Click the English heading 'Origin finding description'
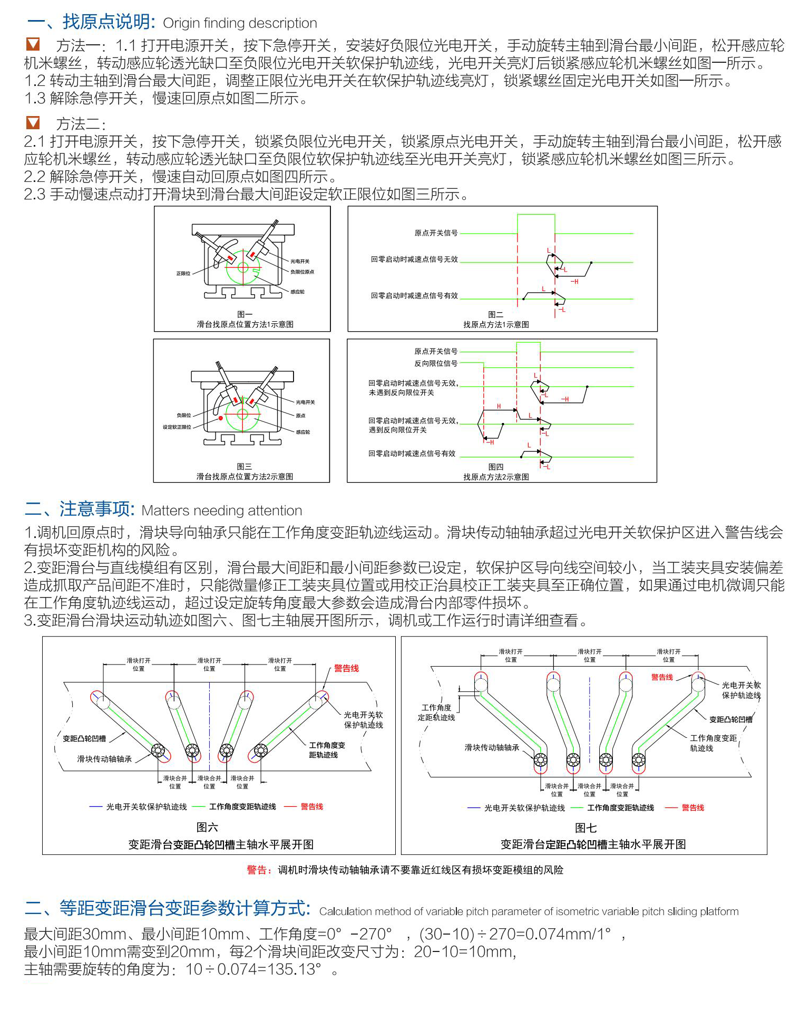tap(240, 23)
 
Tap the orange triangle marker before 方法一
tap(33, 45)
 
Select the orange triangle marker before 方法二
tap(33, 123)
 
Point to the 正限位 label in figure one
tap(183, 273)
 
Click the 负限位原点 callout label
tap(302, 272)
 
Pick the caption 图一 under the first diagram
tap(245, 314)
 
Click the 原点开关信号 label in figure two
tap(436, 233)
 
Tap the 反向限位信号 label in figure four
tap(435, 363)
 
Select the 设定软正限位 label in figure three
tap(177, 427)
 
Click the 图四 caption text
tap(495, 467)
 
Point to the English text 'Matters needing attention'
tap(222, 511)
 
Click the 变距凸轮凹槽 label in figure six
tap(84, 738)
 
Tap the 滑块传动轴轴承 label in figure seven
tap(492, 747)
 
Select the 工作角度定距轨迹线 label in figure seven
tap(436, 713)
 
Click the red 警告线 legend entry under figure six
tap(311, 806)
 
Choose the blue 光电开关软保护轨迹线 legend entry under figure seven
tap(524, 808)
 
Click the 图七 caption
tap(586, 828)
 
